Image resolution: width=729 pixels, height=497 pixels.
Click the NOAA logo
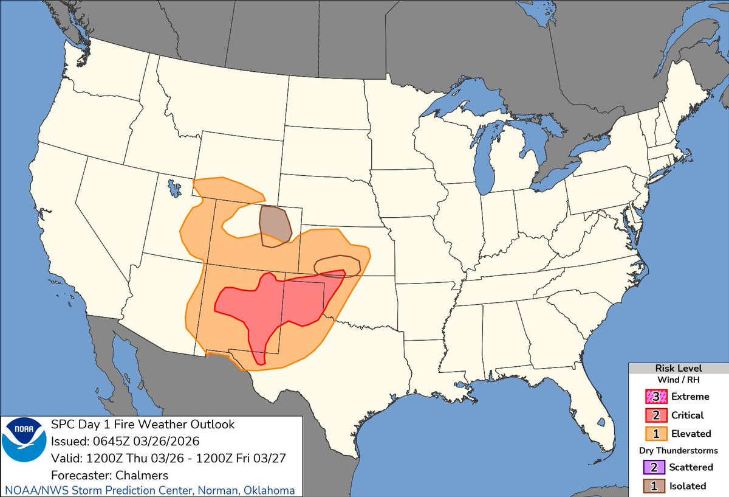tap(24, 447)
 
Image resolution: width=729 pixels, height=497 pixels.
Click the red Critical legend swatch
tap(654, 415)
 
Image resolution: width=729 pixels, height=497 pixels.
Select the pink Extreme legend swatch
tap(654, 397)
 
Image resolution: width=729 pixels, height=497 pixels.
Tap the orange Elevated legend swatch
tap(654, 434)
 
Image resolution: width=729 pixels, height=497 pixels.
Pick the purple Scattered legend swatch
tap(654, 467)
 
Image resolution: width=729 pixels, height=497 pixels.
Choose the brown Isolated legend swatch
tap(654, 486)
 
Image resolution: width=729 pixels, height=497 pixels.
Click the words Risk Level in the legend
tap(679, 369)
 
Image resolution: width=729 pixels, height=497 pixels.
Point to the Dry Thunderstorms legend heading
tap(679, 451)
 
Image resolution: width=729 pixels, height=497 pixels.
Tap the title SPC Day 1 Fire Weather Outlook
tap(143, 424)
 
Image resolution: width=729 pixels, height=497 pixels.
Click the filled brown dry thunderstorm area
tap(275, 226)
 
